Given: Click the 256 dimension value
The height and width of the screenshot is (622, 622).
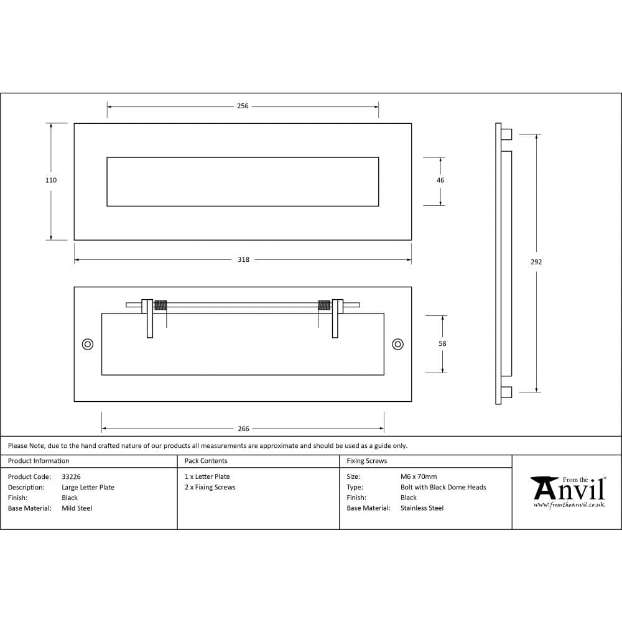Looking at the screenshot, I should coord(243,106).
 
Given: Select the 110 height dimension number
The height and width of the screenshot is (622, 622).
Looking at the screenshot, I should coord(51,180).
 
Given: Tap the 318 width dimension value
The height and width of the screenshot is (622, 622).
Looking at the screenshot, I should coord(243,260).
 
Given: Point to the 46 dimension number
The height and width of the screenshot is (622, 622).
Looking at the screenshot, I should coord(440,180).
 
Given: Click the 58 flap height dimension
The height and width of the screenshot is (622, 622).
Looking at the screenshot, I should coord(442,343).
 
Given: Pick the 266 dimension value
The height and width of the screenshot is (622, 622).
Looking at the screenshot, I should coord(243,429).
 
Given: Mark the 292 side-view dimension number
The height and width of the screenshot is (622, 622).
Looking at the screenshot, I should coord(536,262).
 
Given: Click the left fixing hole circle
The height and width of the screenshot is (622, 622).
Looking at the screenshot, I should coord(88,344).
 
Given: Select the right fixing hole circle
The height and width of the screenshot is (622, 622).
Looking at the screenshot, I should coord(397,344).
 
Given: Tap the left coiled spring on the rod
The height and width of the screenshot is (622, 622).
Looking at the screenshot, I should coord(160,305).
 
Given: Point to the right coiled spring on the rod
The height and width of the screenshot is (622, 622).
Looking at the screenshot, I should coord(324,305).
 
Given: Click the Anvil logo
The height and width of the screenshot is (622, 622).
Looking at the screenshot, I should coord(568,489).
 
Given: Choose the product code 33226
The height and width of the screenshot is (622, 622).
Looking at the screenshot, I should coord(71,476).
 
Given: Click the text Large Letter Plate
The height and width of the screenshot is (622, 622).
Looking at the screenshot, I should coord(88,487).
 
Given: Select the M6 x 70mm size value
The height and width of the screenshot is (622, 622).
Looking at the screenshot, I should coord(419,476).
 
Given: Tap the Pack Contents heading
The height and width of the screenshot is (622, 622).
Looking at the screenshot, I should coord(206,461).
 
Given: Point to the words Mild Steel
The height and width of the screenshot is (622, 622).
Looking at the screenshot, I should coord(77,508).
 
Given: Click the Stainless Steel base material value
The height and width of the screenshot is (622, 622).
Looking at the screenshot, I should coord(422,508).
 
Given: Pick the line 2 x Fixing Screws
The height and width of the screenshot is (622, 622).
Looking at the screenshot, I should coord(210,487).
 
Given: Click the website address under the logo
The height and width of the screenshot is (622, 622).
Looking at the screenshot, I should coord(569,505).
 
